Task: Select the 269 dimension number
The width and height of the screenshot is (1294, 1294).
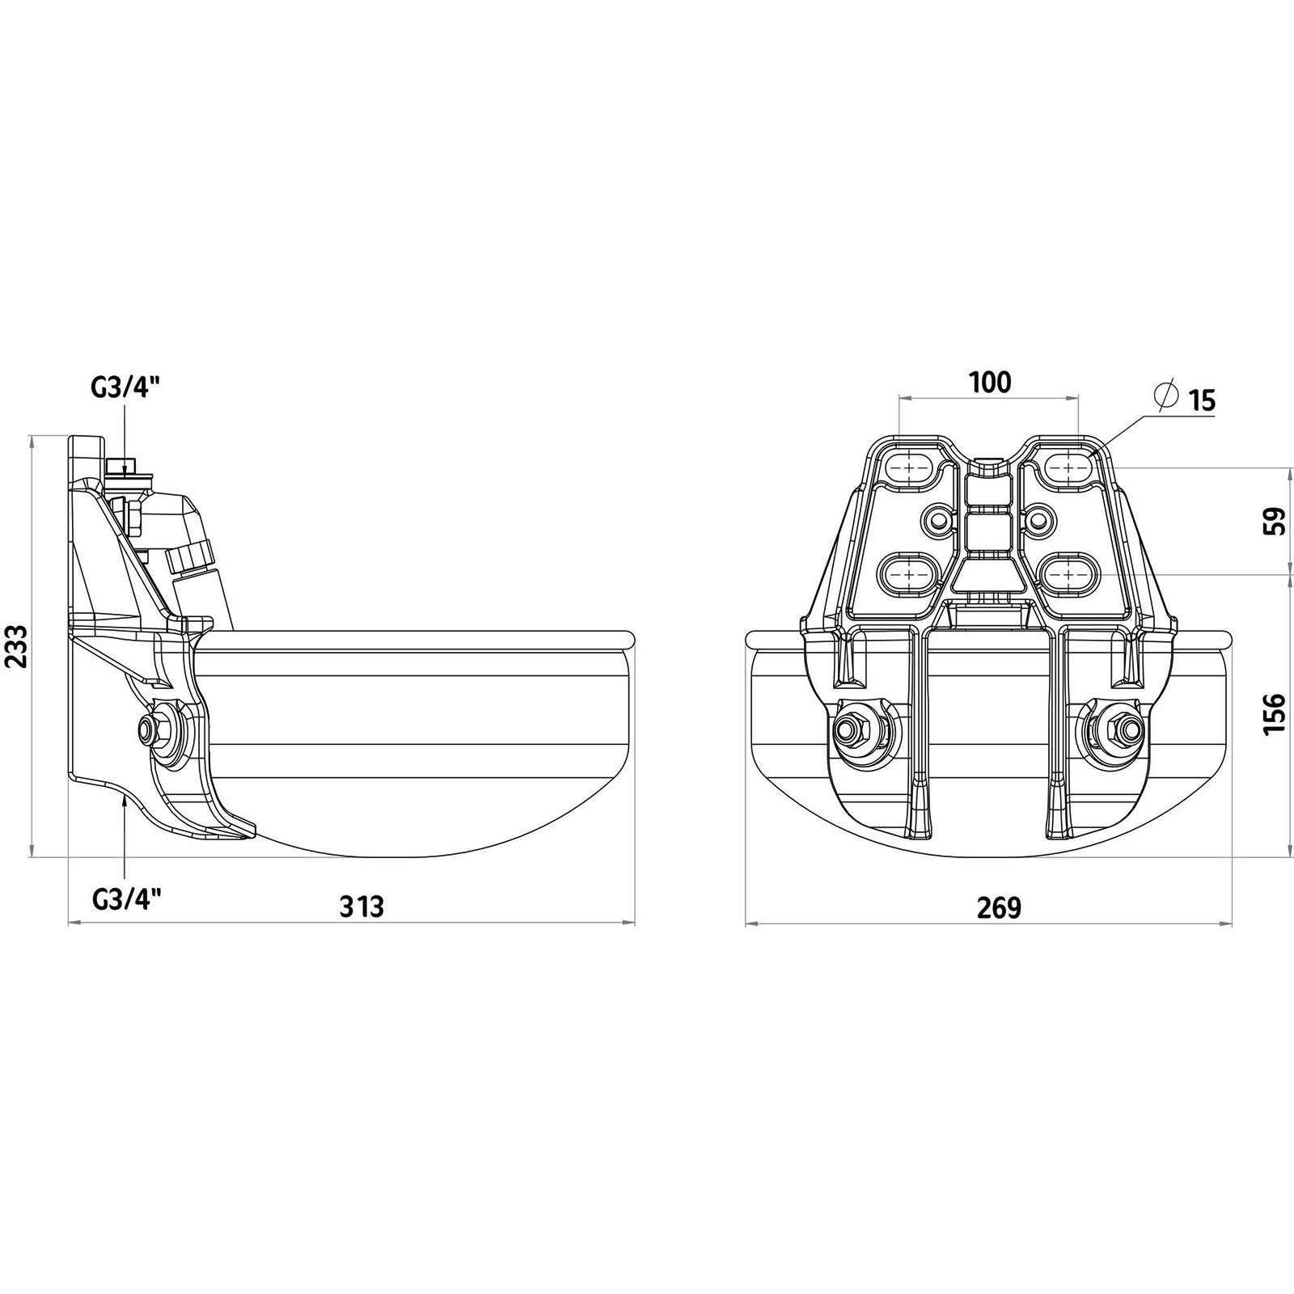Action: tap(1000, 909)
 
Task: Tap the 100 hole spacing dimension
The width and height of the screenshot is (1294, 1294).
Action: tap(991, 382)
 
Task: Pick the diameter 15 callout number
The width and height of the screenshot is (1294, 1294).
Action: tap(1203, 400)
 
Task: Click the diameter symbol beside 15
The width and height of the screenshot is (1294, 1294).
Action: tap(1165, 395)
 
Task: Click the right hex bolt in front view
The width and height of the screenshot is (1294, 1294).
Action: tap(1120, 727)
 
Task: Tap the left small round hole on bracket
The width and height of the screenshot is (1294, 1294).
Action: tap(941, 519)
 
